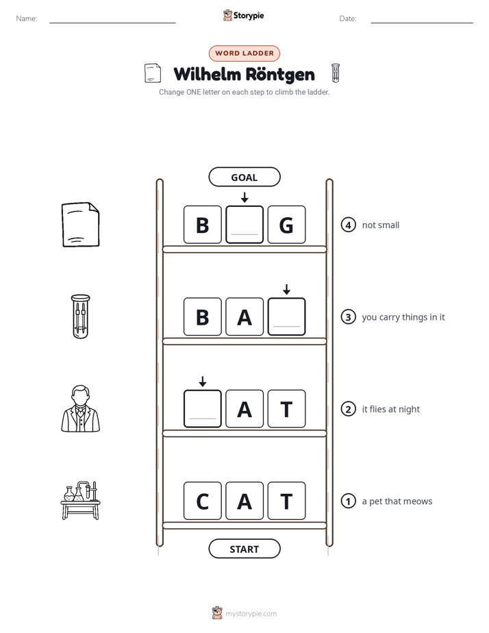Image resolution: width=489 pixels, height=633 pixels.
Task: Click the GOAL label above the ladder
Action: (x=244, y=177)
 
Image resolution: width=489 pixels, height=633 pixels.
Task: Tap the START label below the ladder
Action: (x=244, y=549)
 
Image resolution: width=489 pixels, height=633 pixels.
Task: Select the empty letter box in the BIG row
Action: (x=244, y=225)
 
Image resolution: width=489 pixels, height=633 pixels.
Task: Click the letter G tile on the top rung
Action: (x=286, y=225)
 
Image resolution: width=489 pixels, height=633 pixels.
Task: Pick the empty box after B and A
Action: (x=286, y=317)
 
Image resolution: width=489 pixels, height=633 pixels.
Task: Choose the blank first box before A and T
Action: (x=203, y=409)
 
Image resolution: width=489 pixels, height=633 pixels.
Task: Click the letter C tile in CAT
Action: (x=203, y=501)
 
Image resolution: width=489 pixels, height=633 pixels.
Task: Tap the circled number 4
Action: (x=348, y=225)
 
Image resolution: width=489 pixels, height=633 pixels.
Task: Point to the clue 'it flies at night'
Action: (x=390, y=410)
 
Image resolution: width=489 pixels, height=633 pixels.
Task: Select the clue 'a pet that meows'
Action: (x=397, y=501)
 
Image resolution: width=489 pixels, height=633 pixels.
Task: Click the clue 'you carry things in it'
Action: (x=403, y=317)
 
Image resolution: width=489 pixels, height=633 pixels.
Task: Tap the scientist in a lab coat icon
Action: (x=81, y=408)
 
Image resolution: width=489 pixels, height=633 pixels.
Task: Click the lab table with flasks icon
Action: (x=81, y=500)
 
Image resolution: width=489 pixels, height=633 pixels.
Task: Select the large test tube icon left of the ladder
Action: (x=81, y=316)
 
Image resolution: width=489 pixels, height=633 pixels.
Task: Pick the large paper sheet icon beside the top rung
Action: (x=81, y=225)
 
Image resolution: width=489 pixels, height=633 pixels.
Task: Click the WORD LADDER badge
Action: (x=244, y=53)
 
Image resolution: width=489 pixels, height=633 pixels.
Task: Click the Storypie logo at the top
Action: (x=244, y=15)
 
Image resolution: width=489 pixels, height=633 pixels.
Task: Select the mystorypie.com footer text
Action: (x=251, y=614)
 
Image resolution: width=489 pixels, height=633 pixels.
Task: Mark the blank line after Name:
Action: (x=112, y=23)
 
